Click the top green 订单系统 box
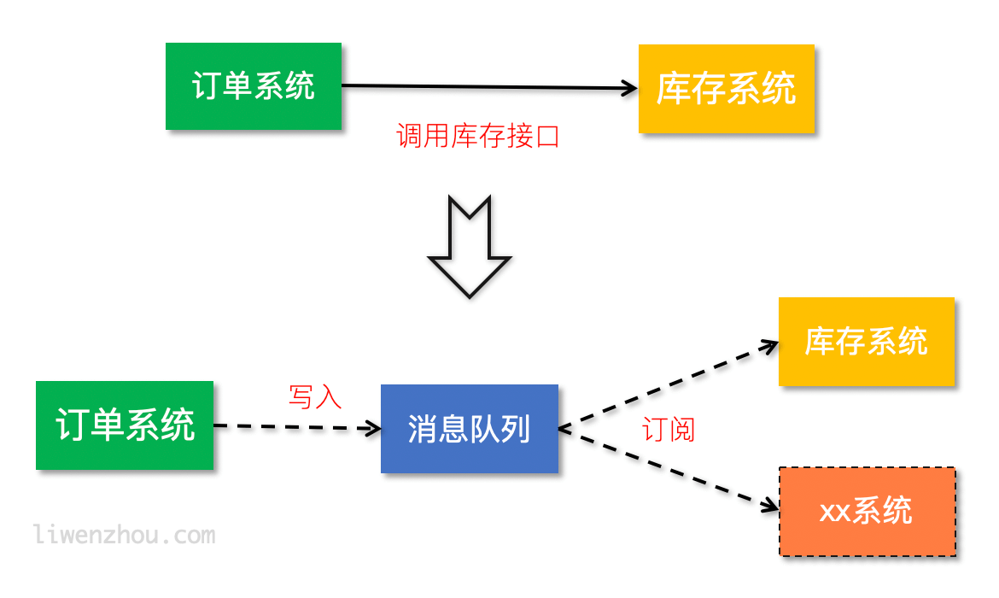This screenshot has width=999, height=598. (x=254, y=86)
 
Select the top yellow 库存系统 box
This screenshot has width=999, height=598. (x=726, y=89)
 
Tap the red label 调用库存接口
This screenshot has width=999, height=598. (x=477, y=136)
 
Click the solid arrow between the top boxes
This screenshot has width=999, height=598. (x=487, y=86)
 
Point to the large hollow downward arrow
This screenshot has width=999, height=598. (x=469, y=248)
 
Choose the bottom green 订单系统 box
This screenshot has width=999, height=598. (x=125, y=425)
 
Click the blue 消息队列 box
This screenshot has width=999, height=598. (x=469, y=429)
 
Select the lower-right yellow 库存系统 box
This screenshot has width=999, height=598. (x=866, y=342)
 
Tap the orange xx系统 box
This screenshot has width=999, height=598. (x=867, y=511)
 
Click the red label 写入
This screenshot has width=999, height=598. (x=315, y=396)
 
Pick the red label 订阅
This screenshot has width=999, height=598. (x=669, y=430)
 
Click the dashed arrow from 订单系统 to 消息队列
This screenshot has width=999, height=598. (x=295, y=426)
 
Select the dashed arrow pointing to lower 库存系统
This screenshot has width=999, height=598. (x=666, y=385)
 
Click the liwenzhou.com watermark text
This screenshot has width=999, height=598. (x=125, y=536)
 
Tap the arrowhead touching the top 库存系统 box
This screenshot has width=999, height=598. (x=630, y=87)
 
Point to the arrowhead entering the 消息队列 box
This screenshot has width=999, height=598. (x=372, y=428)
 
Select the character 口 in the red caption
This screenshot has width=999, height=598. (x=546, y=136)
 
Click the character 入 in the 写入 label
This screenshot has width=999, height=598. (x=329, y=396)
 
